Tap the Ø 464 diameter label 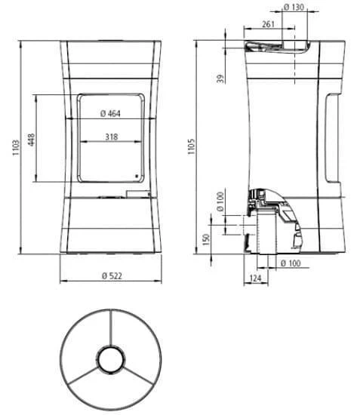(111, 114)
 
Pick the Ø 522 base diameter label (111, 275)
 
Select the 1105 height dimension (192, 144)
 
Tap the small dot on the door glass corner (137, 177)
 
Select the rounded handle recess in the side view (332, 140)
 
